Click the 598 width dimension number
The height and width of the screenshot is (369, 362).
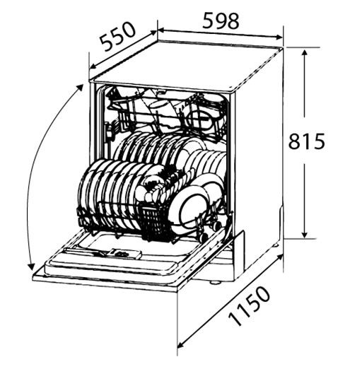(x=221, y=21)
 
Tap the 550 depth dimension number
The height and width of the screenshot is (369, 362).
(x=117, y=36)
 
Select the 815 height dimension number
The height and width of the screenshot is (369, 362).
(x=307, y=141)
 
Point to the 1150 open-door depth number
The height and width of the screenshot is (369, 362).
(x=250, y=305)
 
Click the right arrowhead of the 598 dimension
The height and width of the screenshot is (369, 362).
(x=279, y=37)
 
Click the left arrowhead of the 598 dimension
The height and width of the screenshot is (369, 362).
(x=160, y=30)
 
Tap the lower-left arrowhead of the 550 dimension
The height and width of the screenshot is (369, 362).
(x=93, y=66)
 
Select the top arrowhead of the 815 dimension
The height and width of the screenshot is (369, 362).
(x=305, y=53)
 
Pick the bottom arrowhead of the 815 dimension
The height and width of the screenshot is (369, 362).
(x=305, y=235)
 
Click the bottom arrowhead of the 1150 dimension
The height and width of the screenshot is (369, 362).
(x=181, y=345)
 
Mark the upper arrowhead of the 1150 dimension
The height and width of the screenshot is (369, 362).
(x=280, y=257)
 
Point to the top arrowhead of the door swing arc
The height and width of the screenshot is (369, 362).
(x=80, y=88)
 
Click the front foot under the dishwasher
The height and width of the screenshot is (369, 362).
(x=214, y=282)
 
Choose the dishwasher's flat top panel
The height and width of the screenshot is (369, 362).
(x=186, y=65)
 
